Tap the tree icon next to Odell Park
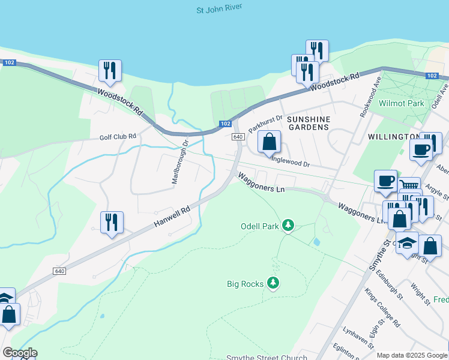tap(289, 226)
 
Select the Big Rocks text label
tap(245, 283)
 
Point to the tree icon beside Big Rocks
tap(274, 282)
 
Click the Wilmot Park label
tap(402, 103)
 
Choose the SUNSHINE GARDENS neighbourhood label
tap(308, 123)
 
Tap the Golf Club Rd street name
tap(118, 136)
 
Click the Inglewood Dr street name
tap(291, 161)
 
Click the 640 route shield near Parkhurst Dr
tap(238, 137)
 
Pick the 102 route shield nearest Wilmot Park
tap(432, 76)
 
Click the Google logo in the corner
tap(20, 352)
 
